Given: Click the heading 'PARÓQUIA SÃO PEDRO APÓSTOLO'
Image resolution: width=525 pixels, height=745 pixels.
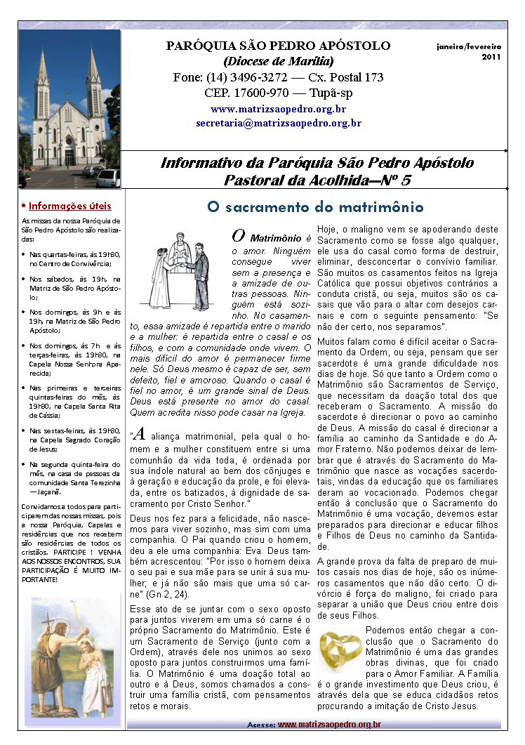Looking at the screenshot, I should coord(278,46).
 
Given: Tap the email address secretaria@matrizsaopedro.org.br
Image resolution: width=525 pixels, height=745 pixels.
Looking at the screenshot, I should coord(278,123).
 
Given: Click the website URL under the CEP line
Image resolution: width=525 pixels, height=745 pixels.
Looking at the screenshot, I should coord(278,109).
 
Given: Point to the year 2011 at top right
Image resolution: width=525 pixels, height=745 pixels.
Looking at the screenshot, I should coord(491,57).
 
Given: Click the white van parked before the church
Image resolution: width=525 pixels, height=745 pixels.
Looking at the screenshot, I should coord(107,178).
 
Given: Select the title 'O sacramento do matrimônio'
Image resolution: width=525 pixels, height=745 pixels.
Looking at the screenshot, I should coord(315,207).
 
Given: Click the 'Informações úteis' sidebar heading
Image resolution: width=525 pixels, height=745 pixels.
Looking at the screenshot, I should coord(69,206).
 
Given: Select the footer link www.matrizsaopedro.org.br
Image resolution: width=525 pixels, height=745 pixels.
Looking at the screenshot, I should coord(329,724).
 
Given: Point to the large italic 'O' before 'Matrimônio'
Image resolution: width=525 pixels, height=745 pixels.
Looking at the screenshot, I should coord(239,237).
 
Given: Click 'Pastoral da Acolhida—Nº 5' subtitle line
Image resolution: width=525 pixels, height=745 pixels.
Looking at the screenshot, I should coord(317,180).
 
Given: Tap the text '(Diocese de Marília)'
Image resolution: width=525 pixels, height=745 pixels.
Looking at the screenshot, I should coord(278,61).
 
